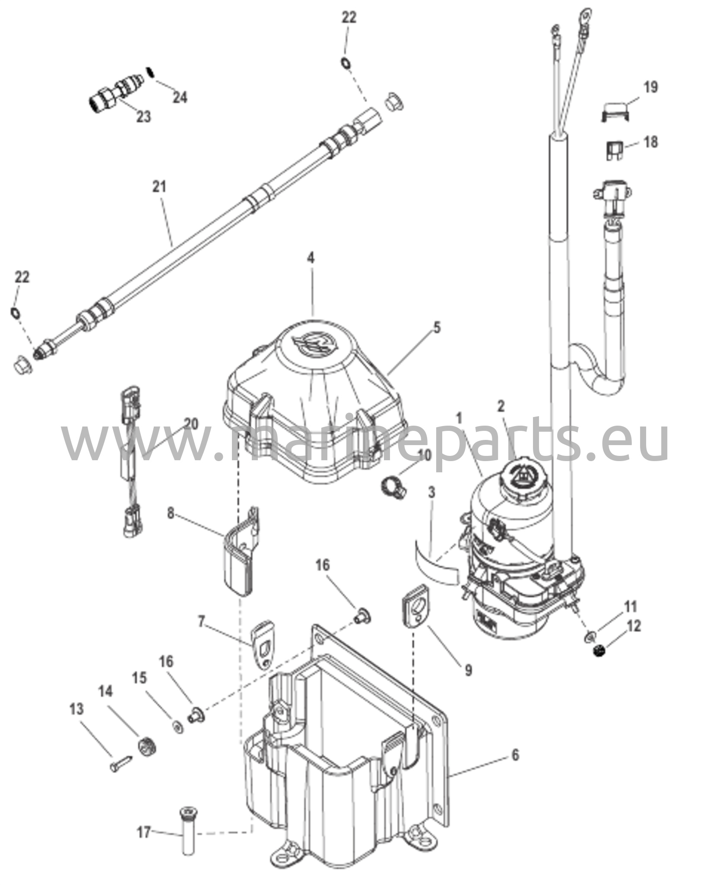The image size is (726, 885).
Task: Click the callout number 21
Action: (159, 187)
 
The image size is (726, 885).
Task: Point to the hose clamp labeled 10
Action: (393, 485)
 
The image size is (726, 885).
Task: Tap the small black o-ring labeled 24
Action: (150, 71)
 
